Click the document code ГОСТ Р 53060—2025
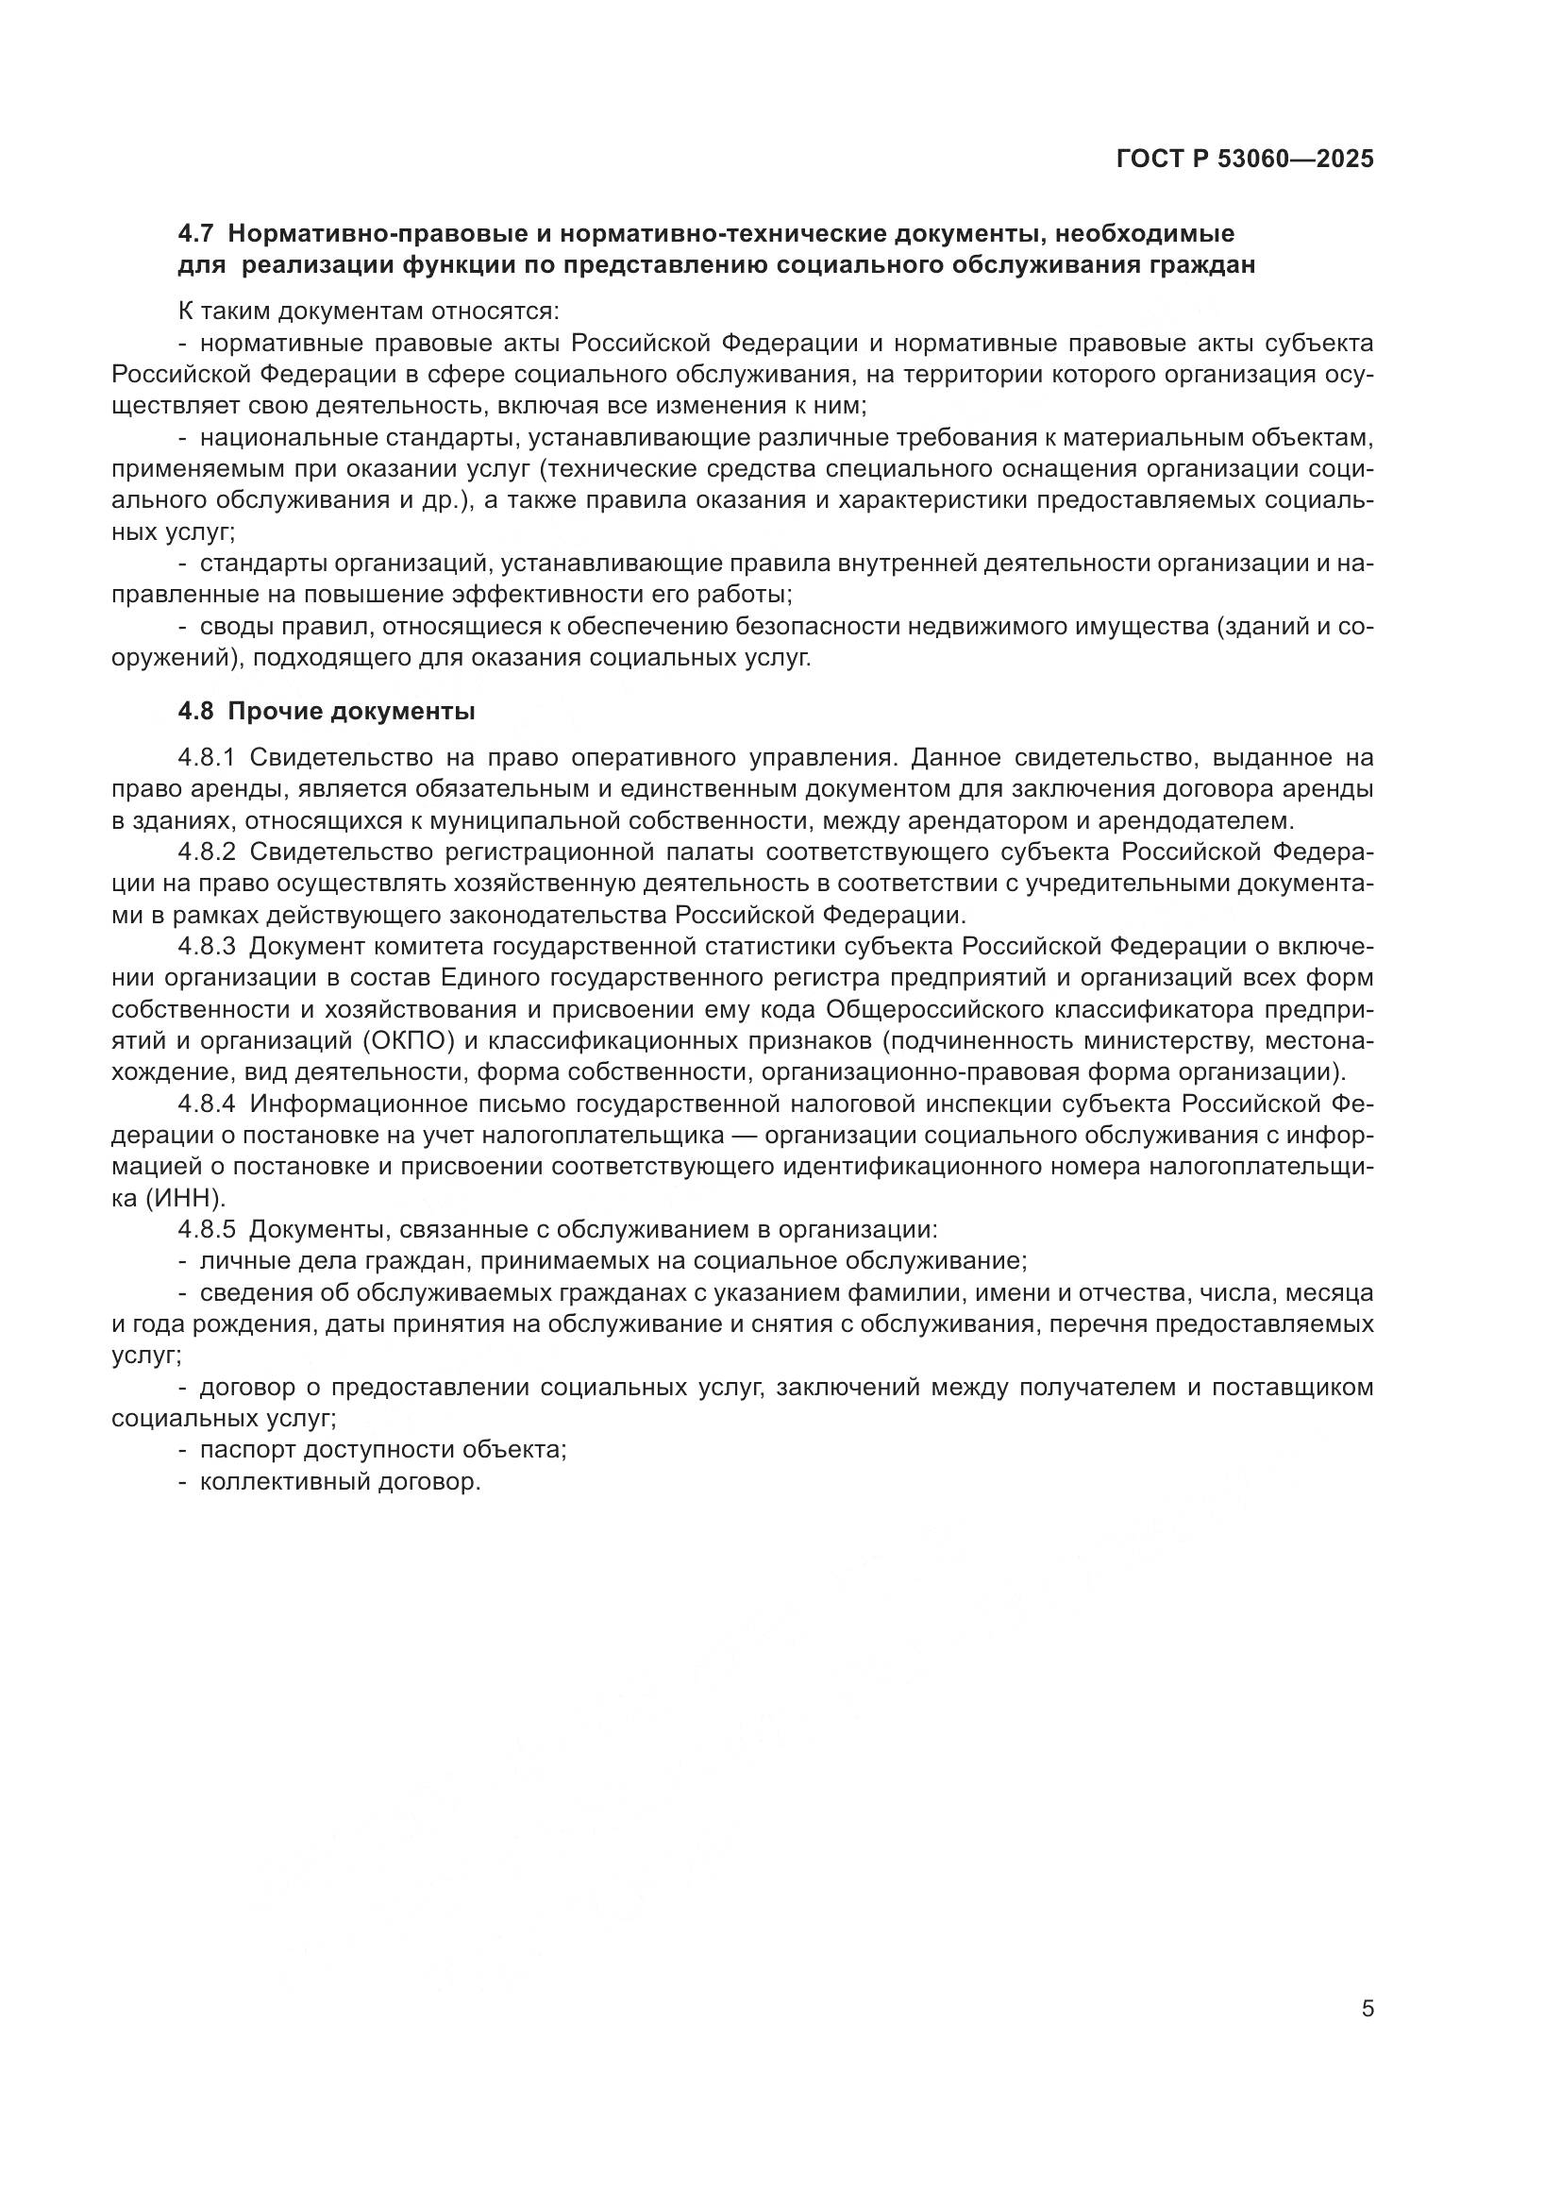click(x=1245, y=160)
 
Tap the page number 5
click(x=1368, y=2009)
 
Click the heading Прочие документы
click(x=352, y=712)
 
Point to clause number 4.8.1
click(x=207, y=758)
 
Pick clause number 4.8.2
click(x=207, y=852)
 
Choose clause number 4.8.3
click(x=207, y=946)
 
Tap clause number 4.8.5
click(x=207, y=1229)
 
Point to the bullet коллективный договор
click(x=340, y=1481)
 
